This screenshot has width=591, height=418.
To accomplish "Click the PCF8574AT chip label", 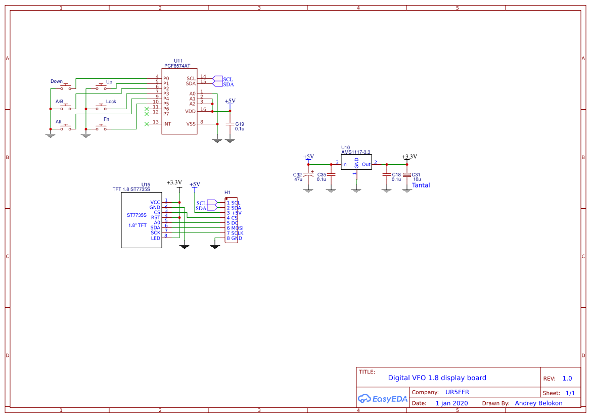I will click(x=177, y=66).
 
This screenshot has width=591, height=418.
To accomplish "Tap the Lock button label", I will click(x=111, y=102).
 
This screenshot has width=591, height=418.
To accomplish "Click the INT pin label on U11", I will click(x=167, y=124).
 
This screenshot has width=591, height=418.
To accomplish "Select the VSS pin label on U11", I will click(x=191, y=124).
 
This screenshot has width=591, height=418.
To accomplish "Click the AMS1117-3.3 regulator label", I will click(x=356, y=152).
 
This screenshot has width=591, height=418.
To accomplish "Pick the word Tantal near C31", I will click(x=421, y=185).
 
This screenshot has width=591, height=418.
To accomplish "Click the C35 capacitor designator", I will click(x=322, y=174).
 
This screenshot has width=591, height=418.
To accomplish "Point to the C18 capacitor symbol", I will click(x=387, y=174).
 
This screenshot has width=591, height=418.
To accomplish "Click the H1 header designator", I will click(x=228, y=193).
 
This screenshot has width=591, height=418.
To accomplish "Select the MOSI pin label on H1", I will click(x=238, y=228).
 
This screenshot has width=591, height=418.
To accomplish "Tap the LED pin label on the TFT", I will click(x=156, y=238).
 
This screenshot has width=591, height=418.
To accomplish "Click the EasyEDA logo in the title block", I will click(x=382, y=398).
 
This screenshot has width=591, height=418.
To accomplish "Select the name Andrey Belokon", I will click(x=538, y=403).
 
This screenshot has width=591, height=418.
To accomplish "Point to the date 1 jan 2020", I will click(x=451, y=403).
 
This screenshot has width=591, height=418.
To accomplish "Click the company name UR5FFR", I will click(x=457, y=392).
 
